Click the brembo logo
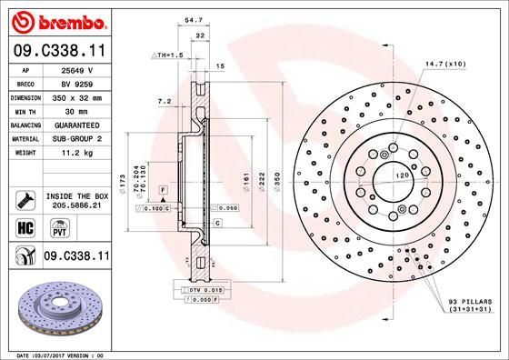(55, 19)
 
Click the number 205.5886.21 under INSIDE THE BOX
(75, 206)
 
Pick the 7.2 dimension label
(164, 102)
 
